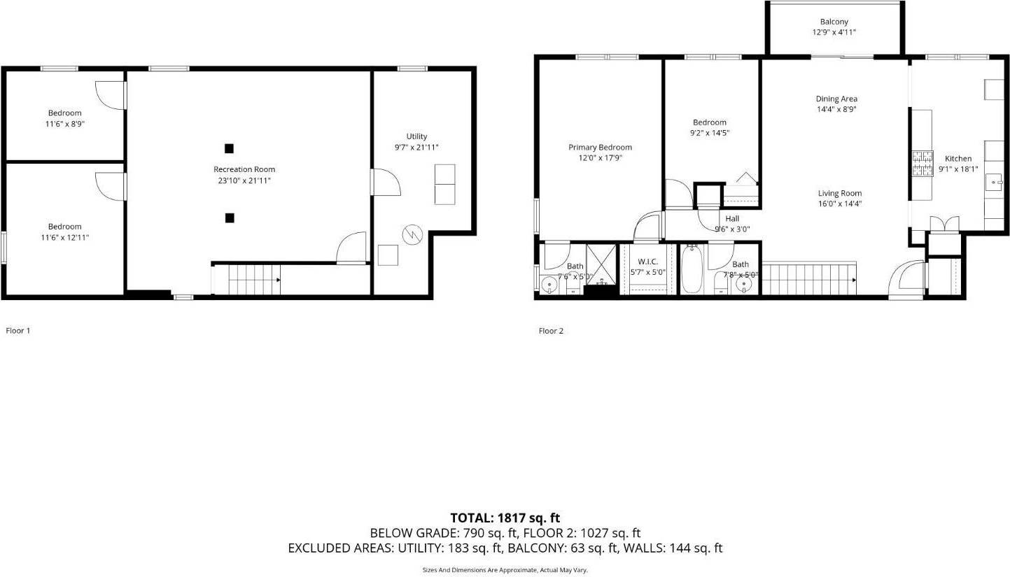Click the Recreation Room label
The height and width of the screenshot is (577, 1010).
pos(244,169)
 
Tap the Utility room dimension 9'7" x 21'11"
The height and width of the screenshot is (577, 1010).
pos(416,148)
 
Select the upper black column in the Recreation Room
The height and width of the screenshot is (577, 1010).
pos(229,148)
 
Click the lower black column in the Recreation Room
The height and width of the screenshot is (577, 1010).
pos(229,218)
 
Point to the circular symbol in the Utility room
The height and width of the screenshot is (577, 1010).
pos(413,234)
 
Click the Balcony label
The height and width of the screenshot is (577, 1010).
pos(834,22)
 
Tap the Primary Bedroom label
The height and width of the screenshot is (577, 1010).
pos(600,148)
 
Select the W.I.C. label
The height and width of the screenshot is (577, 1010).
pos(647,262)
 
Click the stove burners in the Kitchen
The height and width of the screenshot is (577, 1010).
pos(922,164)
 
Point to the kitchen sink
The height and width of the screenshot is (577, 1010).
pos(995,183)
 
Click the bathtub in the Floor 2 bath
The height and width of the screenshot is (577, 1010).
pos(692,271)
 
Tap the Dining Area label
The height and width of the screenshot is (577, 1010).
pos(836,99)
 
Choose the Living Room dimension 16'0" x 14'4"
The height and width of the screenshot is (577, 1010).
pos(840,204)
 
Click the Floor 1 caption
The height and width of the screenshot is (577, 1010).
pos(18,331)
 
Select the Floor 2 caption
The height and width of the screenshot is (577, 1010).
pos(551,332)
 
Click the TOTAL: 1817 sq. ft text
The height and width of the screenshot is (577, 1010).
pos(505,518)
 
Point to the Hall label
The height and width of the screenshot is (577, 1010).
pos(732,219)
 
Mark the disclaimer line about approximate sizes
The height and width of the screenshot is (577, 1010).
pos(505,570)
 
